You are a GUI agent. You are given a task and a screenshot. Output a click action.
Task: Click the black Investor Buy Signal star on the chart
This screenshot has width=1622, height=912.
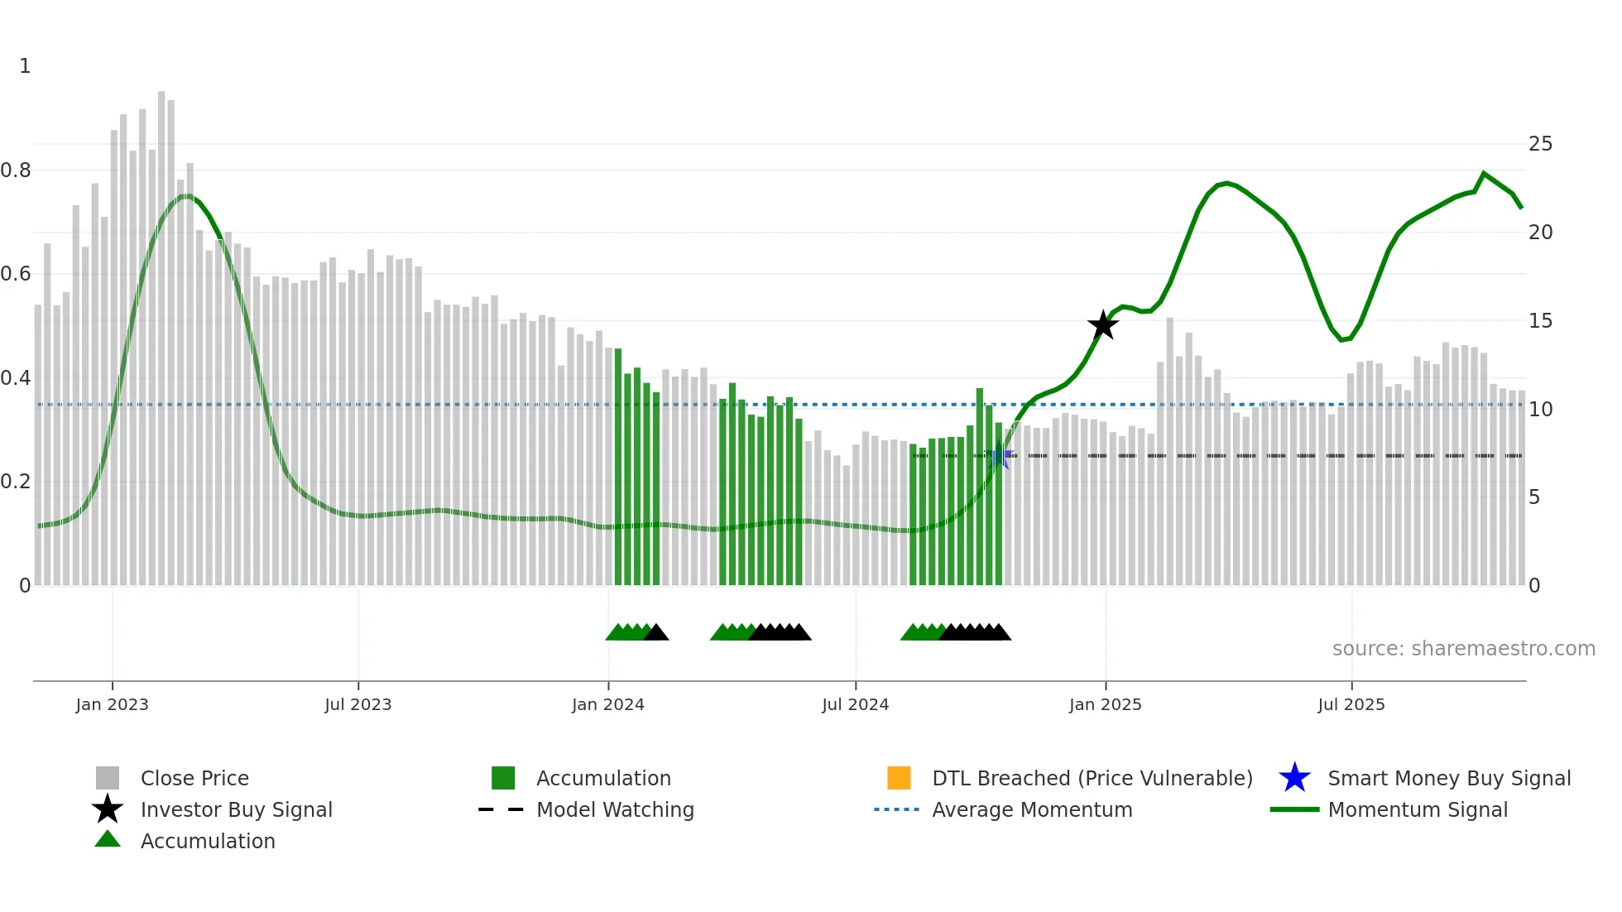1102,325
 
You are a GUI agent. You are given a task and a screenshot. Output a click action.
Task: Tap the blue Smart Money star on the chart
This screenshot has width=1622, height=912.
999,456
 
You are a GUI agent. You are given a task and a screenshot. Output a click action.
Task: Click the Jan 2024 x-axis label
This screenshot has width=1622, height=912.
607,704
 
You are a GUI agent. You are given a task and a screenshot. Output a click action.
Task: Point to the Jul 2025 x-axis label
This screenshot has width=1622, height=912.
1351,704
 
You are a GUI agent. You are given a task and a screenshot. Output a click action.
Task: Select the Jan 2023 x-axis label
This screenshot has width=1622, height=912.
112,704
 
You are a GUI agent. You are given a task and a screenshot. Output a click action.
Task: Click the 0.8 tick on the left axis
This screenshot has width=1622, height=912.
16,170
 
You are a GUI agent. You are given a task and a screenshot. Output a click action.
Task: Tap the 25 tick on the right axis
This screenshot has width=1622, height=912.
1540,144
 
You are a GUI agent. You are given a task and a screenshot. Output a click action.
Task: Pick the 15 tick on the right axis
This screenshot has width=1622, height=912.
1540,321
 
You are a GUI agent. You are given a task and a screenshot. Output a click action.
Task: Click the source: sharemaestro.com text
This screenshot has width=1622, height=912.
1463,649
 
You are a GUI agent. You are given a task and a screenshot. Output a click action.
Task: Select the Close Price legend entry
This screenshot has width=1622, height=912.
194,778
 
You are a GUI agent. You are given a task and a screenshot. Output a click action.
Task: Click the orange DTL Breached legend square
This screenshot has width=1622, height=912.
899,778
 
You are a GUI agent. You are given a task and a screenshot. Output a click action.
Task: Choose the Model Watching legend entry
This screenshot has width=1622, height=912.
614,809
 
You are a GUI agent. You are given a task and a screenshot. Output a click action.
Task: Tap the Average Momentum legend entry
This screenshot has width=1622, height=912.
1031,809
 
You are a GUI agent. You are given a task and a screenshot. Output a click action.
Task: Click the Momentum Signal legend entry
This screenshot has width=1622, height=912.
1417,809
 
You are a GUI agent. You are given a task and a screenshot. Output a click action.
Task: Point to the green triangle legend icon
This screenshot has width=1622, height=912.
108,839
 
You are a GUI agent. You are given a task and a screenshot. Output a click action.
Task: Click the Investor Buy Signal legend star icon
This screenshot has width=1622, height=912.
108,809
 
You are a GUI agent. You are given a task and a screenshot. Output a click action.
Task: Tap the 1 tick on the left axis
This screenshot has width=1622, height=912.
25,66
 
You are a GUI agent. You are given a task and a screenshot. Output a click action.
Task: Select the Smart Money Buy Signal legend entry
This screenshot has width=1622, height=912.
1448,778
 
